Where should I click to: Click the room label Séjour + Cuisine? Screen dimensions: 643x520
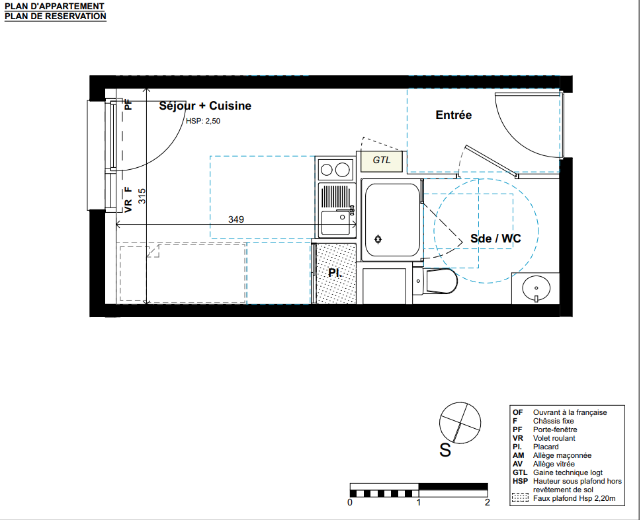coord(205,106)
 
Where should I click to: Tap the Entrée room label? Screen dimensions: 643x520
coord(454,115)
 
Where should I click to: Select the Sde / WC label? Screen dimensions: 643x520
coord(495,239)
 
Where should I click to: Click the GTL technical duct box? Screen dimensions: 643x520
coord(382,161)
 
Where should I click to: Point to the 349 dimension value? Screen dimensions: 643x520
coord(236,219)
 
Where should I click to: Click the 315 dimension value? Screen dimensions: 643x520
coord(142,196)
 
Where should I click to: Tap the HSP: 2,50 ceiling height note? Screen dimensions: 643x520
coord(203,121)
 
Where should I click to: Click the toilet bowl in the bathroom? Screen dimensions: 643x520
coord(441,281)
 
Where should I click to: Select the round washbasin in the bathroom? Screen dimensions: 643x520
coord(536,287)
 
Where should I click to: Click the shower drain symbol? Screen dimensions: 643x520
coord(378,239)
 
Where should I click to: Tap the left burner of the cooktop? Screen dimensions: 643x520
coord(326,170)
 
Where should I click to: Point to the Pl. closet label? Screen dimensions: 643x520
coord(335,273)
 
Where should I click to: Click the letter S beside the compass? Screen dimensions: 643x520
coord(445,451)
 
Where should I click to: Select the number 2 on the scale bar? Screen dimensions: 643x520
coord(487,502)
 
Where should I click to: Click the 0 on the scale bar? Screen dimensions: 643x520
coord(350,502)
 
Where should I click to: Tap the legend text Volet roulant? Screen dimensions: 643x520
coord(554,438)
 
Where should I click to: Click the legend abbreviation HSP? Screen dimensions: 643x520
coord(520,481)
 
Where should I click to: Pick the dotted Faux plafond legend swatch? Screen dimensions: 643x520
coord(520,498)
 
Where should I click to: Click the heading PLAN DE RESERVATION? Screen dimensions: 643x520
coord(56,17)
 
